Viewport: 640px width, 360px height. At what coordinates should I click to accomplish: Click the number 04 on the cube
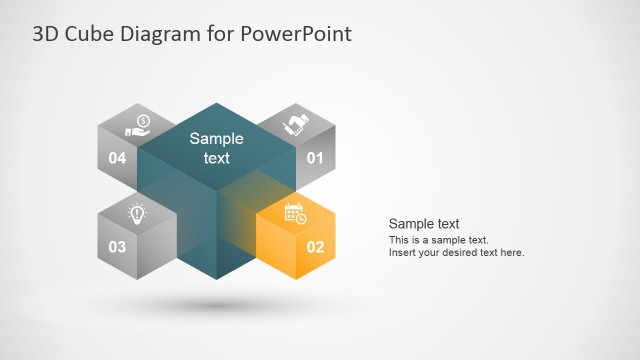coord(117,158)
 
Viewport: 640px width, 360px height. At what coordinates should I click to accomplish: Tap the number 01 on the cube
coord(315,158)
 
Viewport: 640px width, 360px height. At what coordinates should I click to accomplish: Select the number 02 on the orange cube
coord(315,246)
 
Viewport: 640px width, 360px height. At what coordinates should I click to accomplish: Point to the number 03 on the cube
coord(117,246)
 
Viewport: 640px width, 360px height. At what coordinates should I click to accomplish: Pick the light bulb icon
coord(137,213)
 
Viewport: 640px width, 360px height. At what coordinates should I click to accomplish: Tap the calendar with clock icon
coord(295,213)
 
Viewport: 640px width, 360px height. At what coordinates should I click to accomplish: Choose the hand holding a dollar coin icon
coord(137,126)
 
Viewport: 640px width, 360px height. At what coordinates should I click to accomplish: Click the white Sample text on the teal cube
coord(216,148)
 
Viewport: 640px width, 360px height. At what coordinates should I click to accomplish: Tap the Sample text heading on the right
coord(423,224)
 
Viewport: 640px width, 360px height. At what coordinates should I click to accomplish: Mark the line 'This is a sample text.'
coord(438,240)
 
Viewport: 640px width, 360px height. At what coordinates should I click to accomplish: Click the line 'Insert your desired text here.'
coord(456,253)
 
